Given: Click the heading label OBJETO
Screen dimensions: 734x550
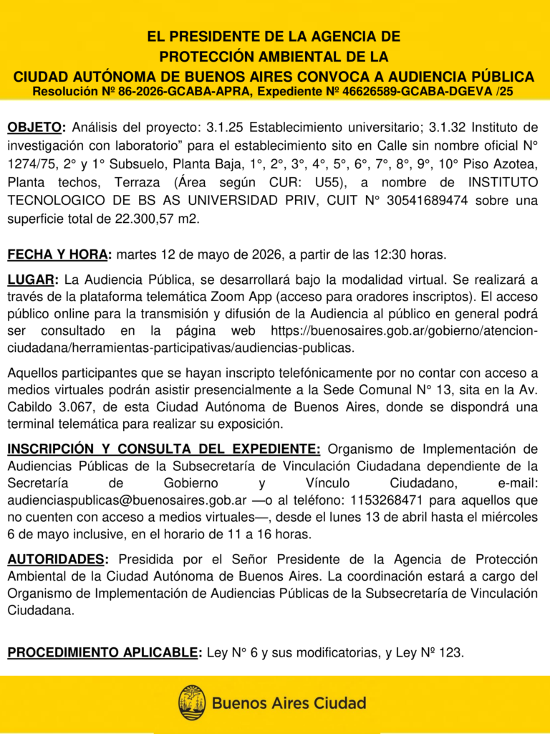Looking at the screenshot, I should pos(35,128).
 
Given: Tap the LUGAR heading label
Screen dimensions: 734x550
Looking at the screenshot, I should pos(33,279).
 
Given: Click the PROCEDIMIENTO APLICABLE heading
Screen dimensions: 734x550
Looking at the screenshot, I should pos(103,652).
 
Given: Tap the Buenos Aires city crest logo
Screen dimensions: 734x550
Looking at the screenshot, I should pos(192,702).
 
